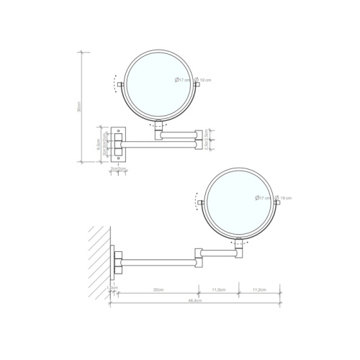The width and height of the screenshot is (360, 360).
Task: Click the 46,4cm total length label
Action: pos(190,302)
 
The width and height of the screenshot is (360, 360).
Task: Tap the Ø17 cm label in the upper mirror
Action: pos(183,80)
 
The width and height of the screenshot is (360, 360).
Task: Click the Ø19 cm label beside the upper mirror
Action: pos(203,80)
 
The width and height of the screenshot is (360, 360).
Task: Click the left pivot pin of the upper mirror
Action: pos(121,85)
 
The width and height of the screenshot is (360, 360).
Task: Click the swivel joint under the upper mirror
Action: pos(159,127)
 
